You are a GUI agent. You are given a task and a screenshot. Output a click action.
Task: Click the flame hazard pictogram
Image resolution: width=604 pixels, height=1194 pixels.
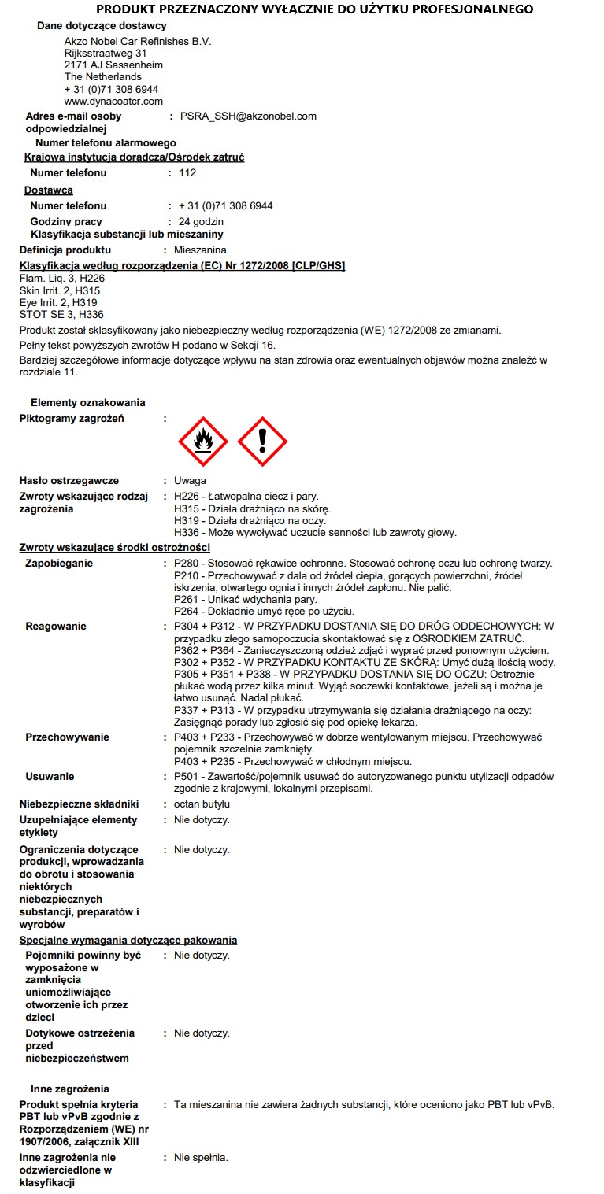[x=204, y=442]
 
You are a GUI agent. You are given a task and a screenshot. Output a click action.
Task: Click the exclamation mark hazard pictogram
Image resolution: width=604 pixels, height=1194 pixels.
[x=262, y=442]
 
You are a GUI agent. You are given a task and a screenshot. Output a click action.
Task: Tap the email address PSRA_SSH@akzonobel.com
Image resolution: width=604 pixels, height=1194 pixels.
[x=248, y=116]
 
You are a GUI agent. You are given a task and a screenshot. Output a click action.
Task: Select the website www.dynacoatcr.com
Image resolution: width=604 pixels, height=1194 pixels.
[x=113, y=102]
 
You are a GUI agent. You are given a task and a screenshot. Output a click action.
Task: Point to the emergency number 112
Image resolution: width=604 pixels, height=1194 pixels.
[x=187, y=173]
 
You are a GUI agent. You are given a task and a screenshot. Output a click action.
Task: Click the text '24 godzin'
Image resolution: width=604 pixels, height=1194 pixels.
[x=201, y=222]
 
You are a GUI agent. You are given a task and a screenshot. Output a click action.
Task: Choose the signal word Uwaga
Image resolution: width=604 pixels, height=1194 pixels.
[x=190, y=481]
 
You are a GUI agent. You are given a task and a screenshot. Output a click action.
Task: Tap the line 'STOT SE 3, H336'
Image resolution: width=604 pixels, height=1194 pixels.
[x=61, y=315]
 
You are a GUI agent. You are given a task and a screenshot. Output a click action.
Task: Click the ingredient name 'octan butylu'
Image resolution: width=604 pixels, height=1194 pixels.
[x=202, y=804]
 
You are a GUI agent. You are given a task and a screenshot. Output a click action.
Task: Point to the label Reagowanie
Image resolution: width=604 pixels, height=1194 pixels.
[x=56, y=627]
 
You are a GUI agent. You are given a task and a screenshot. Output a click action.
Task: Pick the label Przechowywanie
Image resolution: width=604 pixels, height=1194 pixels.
[x=67, y=737]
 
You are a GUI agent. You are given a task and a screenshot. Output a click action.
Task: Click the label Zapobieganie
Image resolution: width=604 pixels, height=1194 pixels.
[x=59, y=564]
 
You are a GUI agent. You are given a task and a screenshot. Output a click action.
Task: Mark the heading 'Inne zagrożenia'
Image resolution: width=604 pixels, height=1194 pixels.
[x=69, y=1089]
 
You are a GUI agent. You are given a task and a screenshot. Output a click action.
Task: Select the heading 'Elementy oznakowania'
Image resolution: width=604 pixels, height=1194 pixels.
[x=87, y=403]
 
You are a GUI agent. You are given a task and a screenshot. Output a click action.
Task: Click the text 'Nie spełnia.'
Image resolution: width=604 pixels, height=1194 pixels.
[x=201, y=1158]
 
